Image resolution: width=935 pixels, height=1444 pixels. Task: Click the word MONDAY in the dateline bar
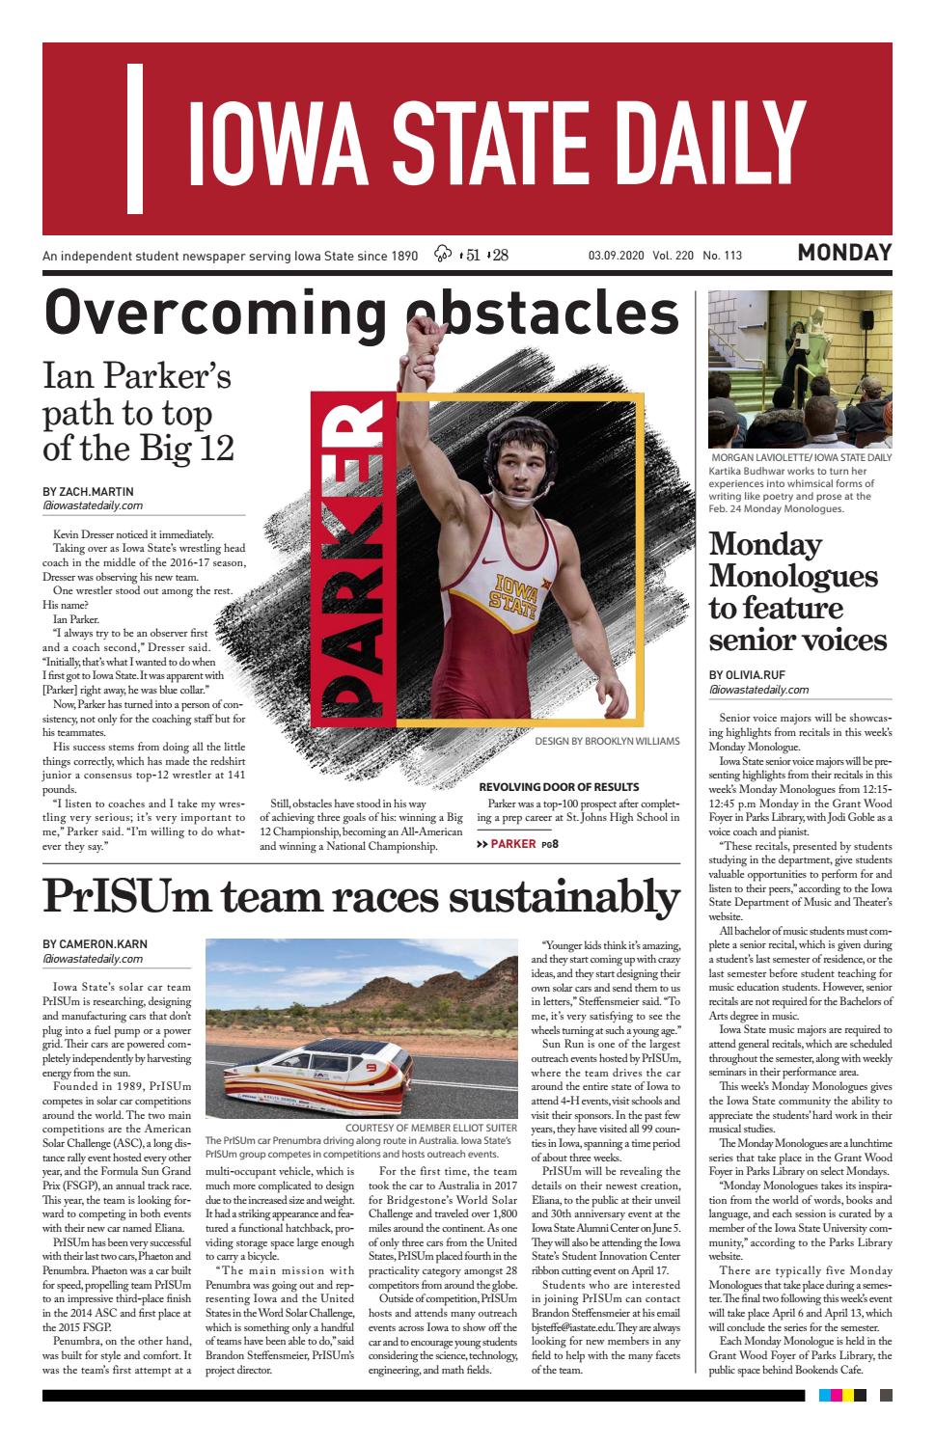coord(844,254)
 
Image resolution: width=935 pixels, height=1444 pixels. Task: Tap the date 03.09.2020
coord(616,256)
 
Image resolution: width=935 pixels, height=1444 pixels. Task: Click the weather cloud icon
coord(444,255)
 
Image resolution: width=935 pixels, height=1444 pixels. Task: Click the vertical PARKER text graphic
coord(349,561)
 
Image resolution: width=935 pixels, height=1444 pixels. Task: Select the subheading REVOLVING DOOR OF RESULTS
coord(558,787)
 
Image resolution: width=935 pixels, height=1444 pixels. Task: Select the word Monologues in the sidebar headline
coord(793,576)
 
